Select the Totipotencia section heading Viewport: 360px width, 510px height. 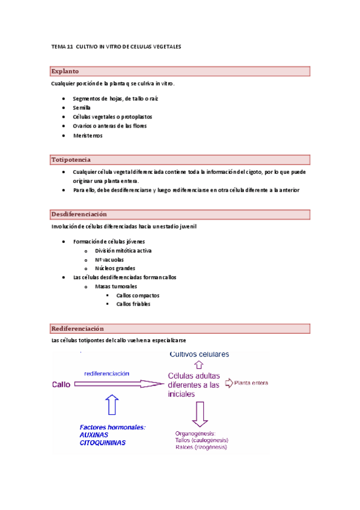(x=71, y=160)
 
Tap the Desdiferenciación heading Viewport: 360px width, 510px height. (x=79, y=214)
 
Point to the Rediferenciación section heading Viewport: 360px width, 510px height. (x=78, y=328)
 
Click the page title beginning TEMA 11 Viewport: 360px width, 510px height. (x=116, y=46)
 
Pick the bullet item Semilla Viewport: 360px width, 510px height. (x=81, y=107)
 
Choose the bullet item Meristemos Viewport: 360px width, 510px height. (x=87, y=135)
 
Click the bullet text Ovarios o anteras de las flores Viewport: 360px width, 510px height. (x=109, y=126)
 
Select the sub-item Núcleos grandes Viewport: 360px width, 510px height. (x=115, y=268)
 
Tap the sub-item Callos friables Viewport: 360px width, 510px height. (x=133, y=304)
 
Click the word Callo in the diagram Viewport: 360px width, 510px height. (x=61, y=384)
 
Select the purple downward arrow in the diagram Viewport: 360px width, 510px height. (x=200, y=414)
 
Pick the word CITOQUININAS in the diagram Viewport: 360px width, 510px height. (x=103, y=443)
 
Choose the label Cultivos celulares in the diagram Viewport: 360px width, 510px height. (x=199, y=354)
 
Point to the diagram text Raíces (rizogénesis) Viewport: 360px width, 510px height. (x=201, y=447)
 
